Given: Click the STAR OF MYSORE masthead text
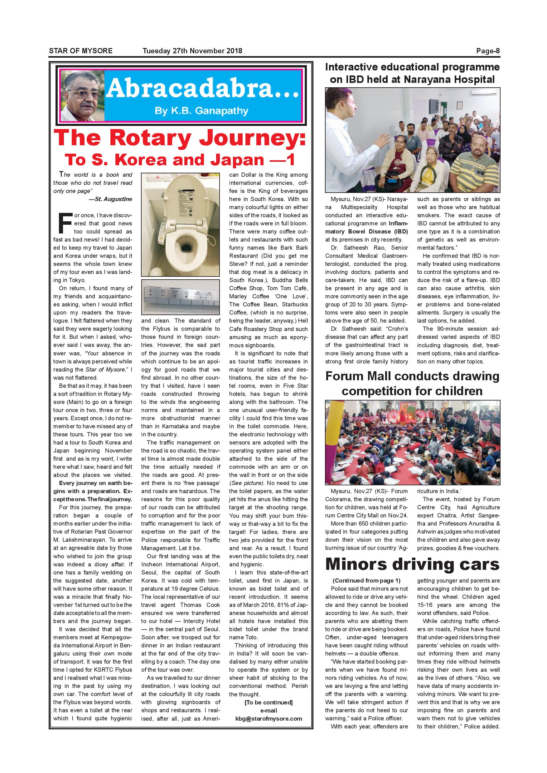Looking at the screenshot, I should (x=80, y=51).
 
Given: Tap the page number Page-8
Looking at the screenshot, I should (x=488, y=51).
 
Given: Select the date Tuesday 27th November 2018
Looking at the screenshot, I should (x=192, y=51).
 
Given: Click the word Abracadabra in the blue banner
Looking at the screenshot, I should (x=202, y=89).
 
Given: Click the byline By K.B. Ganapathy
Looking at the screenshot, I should (x=201, y=111).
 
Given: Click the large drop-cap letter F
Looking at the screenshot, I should (x=65, y=223).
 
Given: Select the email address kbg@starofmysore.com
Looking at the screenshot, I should (x=269, y=718).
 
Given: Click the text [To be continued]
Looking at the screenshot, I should (x=269, y=702).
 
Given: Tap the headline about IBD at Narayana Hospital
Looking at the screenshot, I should (x=412, y=73).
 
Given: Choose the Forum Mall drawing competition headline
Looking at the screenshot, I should (x=412, y=383).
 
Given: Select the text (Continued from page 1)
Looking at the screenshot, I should (x=366, y=580).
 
